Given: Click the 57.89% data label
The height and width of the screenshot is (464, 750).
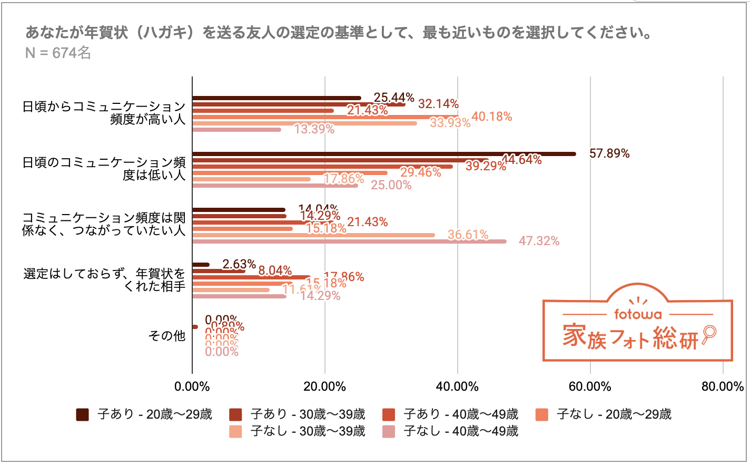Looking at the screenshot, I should [609, 153].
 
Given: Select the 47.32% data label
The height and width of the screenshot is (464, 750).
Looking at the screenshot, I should [539, 241].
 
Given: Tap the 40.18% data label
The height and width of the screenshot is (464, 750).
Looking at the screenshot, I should [491, 117].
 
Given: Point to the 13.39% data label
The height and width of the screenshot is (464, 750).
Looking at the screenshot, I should [314, 129].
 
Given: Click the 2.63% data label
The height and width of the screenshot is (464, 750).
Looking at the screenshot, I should [239, 264].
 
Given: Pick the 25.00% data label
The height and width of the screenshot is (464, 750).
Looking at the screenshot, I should [391, 185].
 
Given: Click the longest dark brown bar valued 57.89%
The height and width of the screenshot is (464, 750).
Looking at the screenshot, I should [384, 154].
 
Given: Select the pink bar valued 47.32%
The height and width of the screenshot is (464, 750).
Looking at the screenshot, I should [349, 241].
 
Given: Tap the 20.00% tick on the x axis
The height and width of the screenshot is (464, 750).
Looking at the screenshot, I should [325, 386].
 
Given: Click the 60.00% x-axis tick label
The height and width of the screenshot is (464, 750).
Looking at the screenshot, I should [590, 386].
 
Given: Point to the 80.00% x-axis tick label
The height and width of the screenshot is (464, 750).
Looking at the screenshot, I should [723, 386].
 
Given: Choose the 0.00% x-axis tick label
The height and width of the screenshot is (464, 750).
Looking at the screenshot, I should [192, 386].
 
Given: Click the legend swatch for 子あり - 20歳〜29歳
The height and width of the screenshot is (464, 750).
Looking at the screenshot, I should [82, 414].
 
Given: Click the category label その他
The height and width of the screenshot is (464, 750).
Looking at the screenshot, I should [167, 336].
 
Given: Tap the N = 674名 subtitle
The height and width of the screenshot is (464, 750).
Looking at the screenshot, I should [58, 53].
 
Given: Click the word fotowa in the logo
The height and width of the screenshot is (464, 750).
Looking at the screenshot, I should [638, 314].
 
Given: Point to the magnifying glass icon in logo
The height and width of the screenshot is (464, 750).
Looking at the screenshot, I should [709, 333].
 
